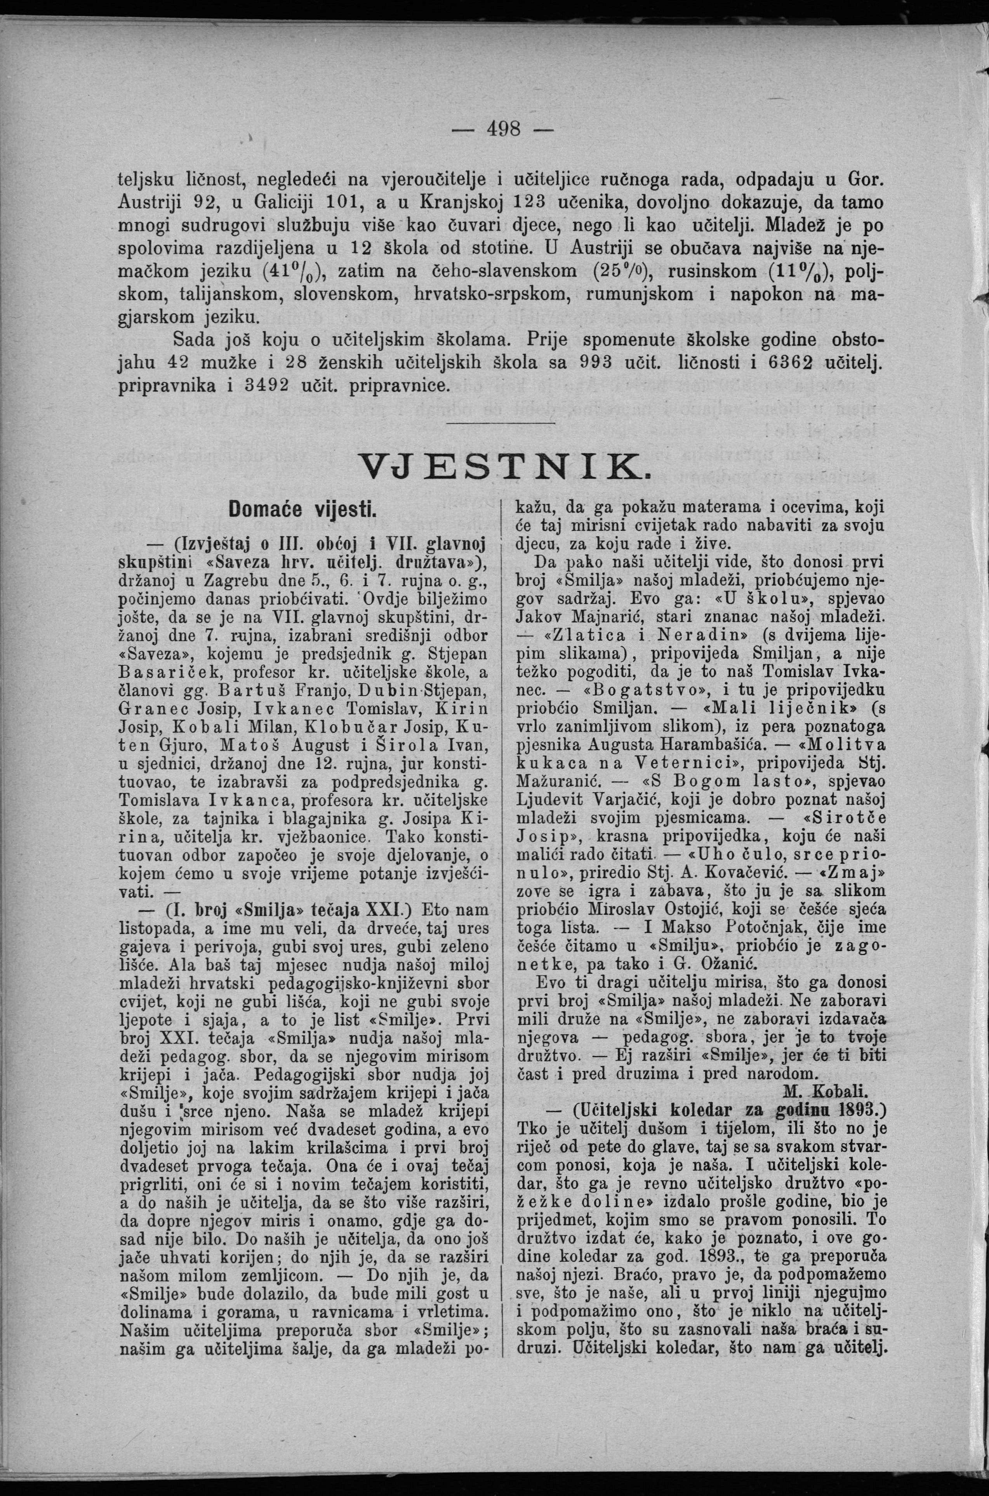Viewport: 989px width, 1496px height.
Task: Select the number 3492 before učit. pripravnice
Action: point(263,385)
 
